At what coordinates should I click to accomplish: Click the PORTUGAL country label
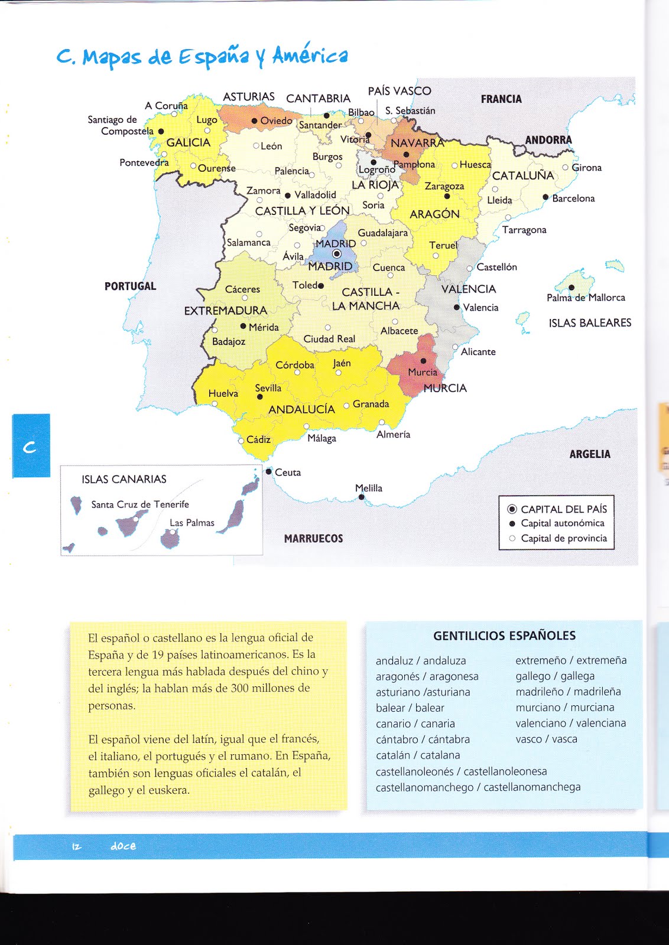tap(130, 286)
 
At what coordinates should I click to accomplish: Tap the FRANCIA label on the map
tap(501, 99)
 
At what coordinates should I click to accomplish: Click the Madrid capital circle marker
tap(337, 254)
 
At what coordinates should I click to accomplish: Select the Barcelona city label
tap(573, 198)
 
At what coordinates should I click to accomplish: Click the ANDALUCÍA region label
tap(301, 409)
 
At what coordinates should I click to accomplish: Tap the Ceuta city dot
tap(269, 471)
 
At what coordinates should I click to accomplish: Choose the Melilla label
tap(369, 488)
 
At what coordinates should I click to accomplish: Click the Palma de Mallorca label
tap(585, 298)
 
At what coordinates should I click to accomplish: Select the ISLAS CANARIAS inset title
tap(124, 479)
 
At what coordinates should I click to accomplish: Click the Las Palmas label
tap(191, 523)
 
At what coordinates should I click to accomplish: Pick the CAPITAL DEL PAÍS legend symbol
tap(512, 509)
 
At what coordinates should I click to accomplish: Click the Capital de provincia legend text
tap(563, 538)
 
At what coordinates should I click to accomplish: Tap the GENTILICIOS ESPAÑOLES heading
tap(504, 636)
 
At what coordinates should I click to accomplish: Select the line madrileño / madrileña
tap(567, 692)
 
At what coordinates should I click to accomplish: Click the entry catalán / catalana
tap(417, 755)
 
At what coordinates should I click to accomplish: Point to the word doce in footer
tap(123, 846)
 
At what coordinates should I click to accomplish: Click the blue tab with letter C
tap(31, 446)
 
